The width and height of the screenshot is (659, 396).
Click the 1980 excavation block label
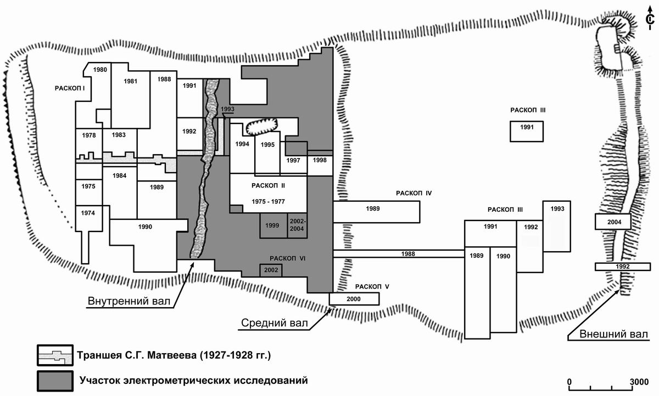tap(100, 70)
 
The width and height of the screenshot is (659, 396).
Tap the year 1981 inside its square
tap(130, 82)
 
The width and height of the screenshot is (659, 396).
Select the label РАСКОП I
tap(72, 88)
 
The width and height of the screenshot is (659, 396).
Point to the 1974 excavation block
tap(88, 213)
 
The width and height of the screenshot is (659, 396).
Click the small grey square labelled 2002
tap(271, 270)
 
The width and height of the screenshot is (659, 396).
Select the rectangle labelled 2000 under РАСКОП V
tap(354, 298)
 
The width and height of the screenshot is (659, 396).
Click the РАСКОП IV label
tap(414, 193)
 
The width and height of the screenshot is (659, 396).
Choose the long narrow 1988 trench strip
tap(407, 253)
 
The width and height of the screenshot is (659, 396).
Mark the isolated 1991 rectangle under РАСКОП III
tap(527, 131)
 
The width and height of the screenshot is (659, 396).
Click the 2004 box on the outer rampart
tap(612, 222)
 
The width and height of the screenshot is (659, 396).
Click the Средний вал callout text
tap(274, 323)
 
